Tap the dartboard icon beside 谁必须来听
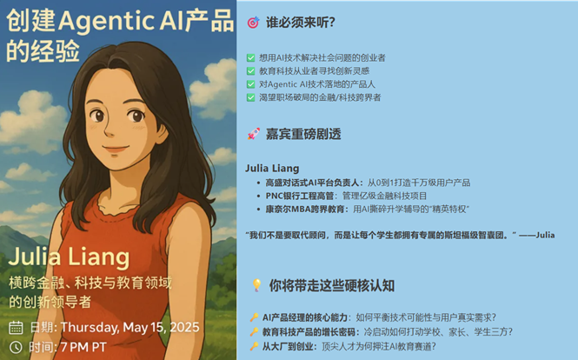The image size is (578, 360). coord(253,23)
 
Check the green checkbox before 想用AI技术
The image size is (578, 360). coord(251,57)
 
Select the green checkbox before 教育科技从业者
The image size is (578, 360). coord(251,71)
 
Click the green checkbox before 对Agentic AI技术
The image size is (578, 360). coord(251,84)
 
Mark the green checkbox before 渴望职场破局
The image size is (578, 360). coord(251,98)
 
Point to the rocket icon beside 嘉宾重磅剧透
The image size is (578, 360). coord(253,134)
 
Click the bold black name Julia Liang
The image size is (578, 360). coord(272,168)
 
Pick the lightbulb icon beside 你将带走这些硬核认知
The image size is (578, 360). coord(256,284)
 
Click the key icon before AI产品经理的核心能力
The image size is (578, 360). coord(253,317)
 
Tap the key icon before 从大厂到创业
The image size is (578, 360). coord(253,345)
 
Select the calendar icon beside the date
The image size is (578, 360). coord(16,328)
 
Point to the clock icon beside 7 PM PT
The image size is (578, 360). coord(16,347)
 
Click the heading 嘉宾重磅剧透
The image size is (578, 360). coord(303,134)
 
